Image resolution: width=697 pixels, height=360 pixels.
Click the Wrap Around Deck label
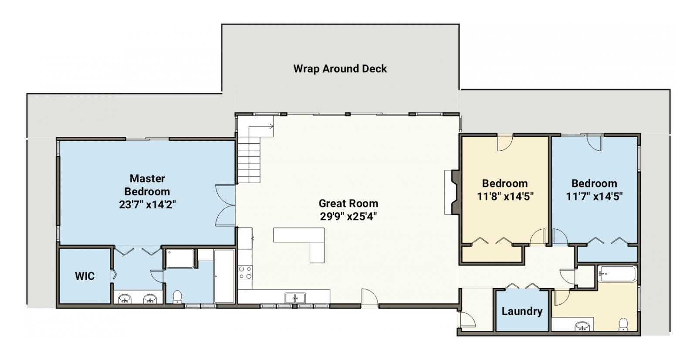tap(340, 68)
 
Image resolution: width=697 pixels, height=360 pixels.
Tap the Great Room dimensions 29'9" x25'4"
tap(348, 217)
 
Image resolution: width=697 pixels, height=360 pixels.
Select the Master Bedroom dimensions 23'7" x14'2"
tap(148, 204)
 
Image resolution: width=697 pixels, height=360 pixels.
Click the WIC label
tap(85, 276)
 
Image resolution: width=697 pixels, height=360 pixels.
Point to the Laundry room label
tap(522, 311)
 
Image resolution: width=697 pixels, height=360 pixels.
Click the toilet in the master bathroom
tap(177, 297)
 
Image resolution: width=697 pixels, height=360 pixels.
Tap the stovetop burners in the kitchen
tap(245, 272)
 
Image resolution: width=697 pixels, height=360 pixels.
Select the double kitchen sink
tap(295, 298)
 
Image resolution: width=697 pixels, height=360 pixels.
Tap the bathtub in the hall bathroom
tap(617, 274)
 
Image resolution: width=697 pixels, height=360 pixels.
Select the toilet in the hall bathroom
tap(623, 324)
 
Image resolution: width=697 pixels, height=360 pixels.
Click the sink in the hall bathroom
tap(582, 326)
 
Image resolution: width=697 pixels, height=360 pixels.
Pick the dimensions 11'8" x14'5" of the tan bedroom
tap(505, 197)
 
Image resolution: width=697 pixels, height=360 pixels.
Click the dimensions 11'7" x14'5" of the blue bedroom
tap(594, 197)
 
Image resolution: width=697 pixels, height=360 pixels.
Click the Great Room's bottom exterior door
tap(370, 297)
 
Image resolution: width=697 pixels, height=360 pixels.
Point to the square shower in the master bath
tap(180, 258)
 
